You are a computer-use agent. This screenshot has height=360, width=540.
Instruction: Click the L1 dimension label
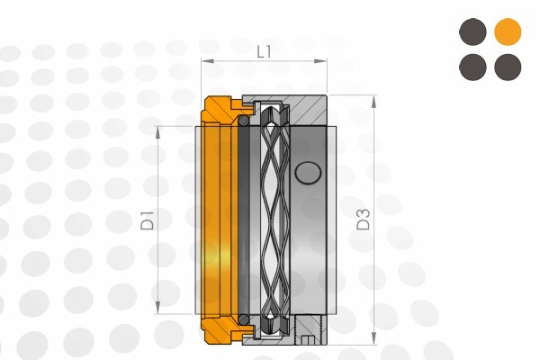[264, 51]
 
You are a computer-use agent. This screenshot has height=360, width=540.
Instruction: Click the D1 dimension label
[148, 220]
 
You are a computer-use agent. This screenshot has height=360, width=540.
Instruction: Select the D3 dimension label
[363, 219]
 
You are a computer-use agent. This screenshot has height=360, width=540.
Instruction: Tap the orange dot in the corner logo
[508, 32]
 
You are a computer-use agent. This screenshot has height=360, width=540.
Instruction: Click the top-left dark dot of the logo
[472, 32]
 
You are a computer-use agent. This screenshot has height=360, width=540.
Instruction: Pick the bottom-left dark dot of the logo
[472, 67]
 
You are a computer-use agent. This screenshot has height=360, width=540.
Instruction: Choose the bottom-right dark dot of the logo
[508, 67]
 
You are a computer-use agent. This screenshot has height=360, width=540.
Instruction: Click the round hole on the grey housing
[308, 171]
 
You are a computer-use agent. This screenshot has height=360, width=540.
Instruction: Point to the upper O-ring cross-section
[243, 120]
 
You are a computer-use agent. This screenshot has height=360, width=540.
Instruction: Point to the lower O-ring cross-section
[243, 319]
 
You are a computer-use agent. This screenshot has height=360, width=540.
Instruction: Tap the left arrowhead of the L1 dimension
[205, 61]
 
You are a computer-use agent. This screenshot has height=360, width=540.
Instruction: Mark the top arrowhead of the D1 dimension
[158, 130]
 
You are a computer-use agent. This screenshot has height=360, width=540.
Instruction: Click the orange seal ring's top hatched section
[220, 109]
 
